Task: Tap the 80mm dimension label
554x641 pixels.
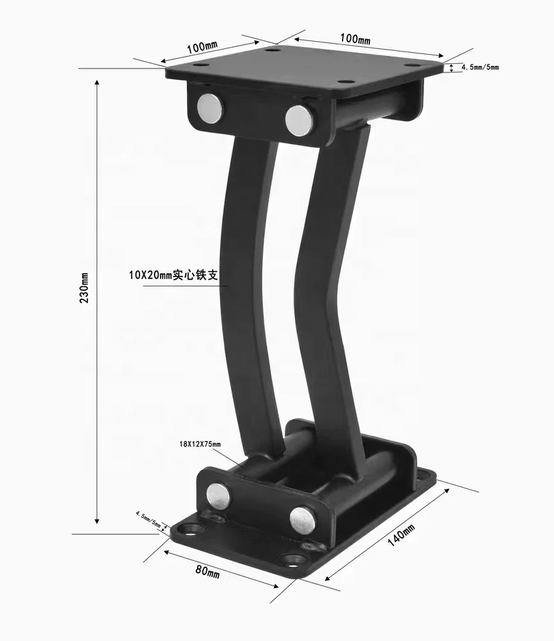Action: point(208,571)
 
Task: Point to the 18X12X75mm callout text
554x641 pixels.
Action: point(200,444)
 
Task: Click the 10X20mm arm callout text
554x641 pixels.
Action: point(177,276)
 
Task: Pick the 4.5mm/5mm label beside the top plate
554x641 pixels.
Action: point(480,67)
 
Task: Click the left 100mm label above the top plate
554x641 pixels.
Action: point(202,48)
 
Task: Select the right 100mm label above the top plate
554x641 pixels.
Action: point(355,39)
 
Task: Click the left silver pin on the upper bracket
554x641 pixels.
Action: point(210,108)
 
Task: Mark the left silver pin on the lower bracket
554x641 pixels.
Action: point(219,495)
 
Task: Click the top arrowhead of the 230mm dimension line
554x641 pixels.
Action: point(97,83)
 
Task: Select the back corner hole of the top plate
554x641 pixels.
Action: point(273,50)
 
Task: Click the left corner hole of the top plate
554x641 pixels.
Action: point(201,66)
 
